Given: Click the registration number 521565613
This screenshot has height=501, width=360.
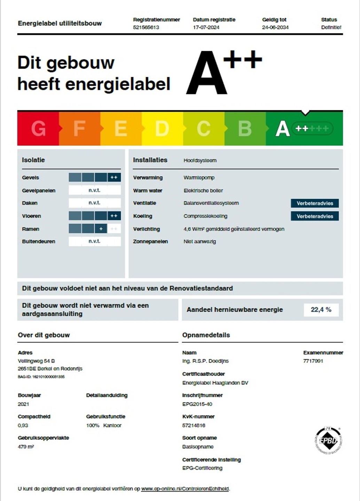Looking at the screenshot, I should click(x=146, y=27).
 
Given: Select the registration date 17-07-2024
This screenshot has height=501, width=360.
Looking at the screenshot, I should click(x=206, y=27).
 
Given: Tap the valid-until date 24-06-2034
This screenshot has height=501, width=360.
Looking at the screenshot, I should click(x=275, y=27).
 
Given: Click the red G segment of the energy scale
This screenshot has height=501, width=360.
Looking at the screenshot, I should click(x=38, y=128).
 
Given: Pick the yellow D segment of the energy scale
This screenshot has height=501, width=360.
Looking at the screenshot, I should click(x=162, y=128).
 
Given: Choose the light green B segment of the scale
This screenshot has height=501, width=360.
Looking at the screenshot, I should click(x=245, y=128).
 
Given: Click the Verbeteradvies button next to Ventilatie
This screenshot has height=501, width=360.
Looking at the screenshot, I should click(x=315, y=203).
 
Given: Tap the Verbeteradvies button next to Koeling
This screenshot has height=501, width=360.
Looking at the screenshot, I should click(x=315, y=216).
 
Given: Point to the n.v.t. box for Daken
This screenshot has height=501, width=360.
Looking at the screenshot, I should click(x=95, y=203).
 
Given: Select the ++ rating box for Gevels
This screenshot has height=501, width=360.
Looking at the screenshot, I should click(x=114, y=177).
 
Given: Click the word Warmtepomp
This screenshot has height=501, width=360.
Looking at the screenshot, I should click(x=199, y=177).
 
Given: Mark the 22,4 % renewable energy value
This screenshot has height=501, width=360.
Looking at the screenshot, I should click(x=321, y=310).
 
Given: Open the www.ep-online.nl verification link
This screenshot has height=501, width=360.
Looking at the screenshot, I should click(x=185, y=489).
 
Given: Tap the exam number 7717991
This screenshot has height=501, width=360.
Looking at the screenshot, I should click(x=313, y=361).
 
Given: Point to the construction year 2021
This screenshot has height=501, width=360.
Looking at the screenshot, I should click(x=23, y=404).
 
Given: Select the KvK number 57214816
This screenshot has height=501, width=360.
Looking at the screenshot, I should click(x=194, y=426).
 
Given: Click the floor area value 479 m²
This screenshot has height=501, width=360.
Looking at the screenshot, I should click(x=26, y=447).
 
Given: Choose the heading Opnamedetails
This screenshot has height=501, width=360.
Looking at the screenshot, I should click(x=206, y=335).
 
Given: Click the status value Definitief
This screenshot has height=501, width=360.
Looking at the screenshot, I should click(x=331, y=27).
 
